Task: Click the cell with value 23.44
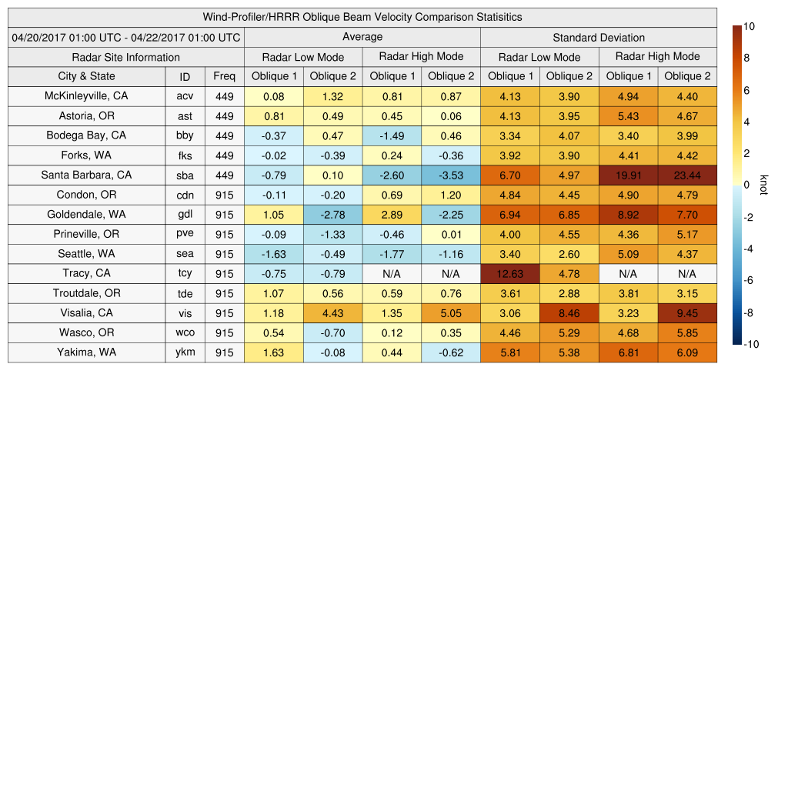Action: coord(687,175)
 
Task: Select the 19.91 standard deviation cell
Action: coord(628,175)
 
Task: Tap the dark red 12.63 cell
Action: coord(510,274)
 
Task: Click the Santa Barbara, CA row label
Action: coord(86,175)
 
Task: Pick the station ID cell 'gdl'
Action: coord(185,215)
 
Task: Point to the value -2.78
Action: coord(333,215)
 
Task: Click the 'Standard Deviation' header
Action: coord(599,38)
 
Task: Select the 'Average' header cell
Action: coord(362,37)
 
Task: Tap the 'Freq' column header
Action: coord(225,76)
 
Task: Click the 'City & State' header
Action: coord(86,76)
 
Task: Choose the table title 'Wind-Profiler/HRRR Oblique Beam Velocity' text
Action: coord(362,17)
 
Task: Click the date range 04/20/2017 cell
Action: coord(126,37)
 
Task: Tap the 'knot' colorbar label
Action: coord(764,185)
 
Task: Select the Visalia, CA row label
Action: coord(86,313)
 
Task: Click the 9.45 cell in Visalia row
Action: coord(687,313)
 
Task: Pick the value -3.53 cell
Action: coord(451,175)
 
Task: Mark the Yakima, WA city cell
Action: coord(86,352)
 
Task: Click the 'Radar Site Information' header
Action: coord(126,57)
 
